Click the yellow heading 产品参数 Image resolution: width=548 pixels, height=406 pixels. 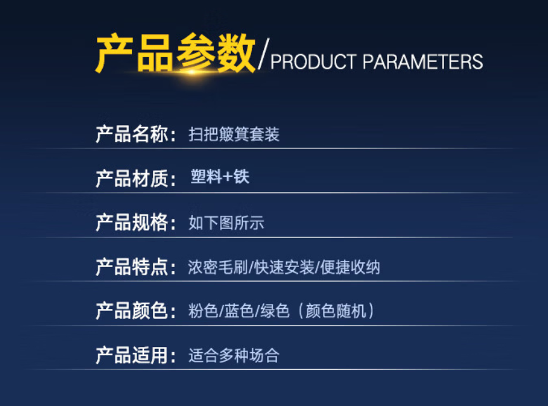[x=176, y=53]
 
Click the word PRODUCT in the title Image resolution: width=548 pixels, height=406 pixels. [x=313, y=62]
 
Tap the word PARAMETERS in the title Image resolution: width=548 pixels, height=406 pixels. [x=423, y=62]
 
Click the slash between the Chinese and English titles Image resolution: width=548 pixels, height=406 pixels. [x=263, y=53]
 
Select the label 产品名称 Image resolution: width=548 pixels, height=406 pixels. [x=132, y=134]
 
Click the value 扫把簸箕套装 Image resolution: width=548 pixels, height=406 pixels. [x=234, y=134]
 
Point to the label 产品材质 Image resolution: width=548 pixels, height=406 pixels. [x=132, y=178]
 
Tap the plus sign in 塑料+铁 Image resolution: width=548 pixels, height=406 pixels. [x=228, y=176]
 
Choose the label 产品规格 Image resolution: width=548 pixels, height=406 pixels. [x=132, y=223]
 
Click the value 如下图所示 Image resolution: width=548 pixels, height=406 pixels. [x=226, y=223]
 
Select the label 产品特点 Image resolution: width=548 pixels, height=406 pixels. [x=132, y=267]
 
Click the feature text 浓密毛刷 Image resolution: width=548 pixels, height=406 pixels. [x=218, y=267]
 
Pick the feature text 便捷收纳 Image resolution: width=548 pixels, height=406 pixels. [x=350, y=267]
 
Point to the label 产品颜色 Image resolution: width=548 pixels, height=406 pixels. [x=132, y=311]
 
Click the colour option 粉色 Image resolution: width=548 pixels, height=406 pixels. [x=204, y=311]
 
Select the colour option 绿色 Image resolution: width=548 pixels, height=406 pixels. [x=275, y=311]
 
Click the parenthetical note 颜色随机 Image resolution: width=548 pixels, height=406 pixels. [x=336, y=311]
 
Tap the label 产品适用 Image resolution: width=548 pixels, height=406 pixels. [x=132, y=355]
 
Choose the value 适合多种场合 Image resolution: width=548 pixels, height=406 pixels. [x=234, y=355]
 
